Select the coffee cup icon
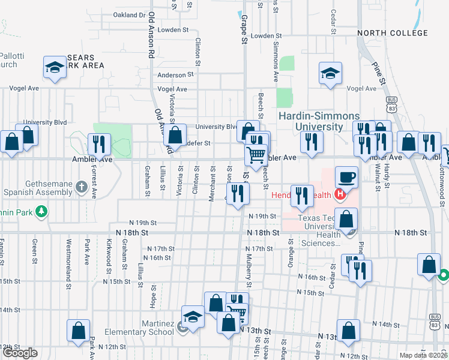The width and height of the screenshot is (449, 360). click(x=347, y=178)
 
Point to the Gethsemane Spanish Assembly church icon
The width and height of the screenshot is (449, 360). click(x=82, y=188)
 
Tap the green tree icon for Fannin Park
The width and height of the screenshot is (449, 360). click(x=41, y=211)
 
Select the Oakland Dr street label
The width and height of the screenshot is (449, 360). click(x=130, y=15)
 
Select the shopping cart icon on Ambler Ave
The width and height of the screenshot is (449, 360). click(x=256, y=155)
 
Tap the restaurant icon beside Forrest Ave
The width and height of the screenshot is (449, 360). click(x=97, y=145)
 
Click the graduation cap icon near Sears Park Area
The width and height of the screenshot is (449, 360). click(x=55, y=68)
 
